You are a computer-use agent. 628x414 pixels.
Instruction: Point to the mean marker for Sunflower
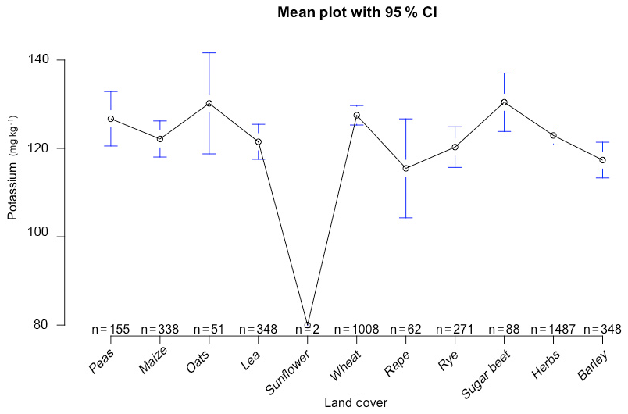point(308,325)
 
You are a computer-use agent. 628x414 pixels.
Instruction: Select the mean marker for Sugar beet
point(505,102)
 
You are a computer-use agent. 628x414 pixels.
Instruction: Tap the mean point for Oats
point(209,103)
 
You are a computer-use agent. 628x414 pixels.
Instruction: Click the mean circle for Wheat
point(357,116)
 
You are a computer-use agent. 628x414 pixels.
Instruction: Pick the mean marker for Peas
point(111,119)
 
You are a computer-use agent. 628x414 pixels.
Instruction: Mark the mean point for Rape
point(406,168)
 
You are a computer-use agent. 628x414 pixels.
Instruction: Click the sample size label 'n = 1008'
point(357,330)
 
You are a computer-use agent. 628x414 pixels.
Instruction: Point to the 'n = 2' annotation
point(308,330)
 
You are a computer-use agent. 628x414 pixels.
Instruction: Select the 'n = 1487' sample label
point(553,330)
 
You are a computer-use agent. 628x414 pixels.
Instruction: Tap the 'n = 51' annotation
point(209,330)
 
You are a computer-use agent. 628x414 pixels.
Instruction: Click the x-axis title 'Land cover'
point(355,402)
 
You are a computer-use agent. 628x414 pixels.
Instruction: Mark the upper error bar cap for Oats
point(209,52)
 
